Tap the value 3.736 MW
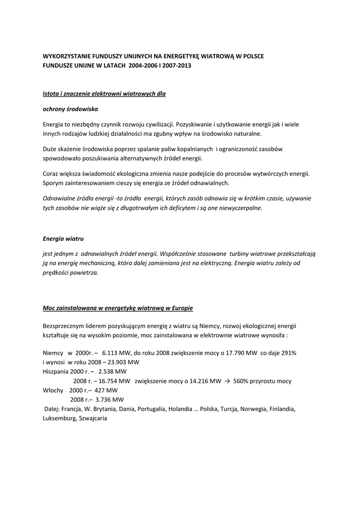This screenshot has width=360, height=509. click(111, 400)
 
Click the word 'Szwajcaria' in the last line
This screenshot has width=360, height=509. click(92, 418)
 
